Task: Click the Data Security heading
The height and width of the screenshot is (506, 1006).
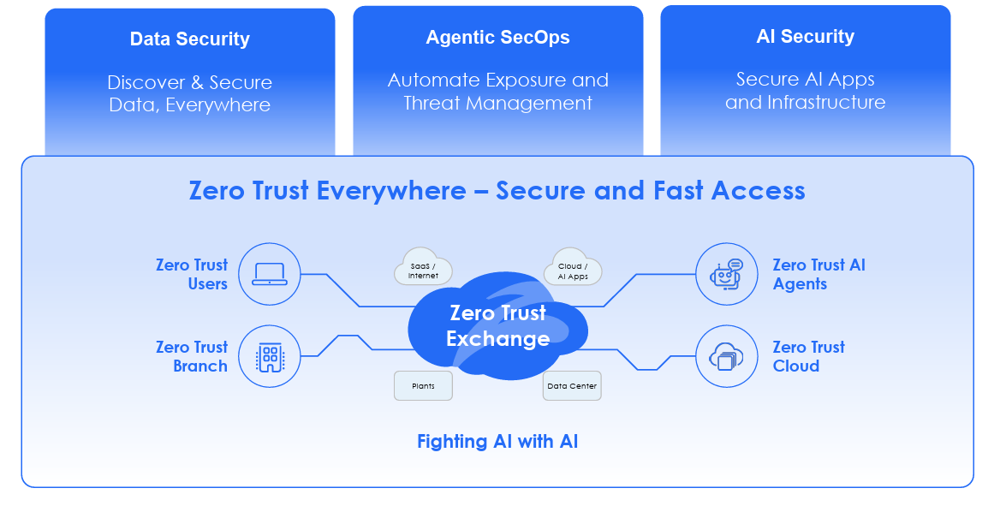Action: [190, 39]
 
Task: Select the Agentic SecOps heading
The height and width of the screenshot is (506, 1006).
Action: [497, 38]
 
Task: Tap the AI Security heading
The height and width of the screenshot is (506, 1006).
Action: [805, 37]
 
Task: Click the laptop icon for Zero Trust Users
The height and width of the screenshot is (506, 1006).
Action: [270, 274]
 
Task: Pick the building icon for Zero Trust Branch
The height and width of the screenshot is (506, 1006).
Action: [270, 356]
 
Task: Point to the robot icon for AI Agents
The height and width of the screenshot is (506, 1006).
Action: [726, 274]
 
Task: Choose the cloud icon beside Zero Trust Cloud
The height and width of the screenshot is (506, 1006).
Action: [726, 356]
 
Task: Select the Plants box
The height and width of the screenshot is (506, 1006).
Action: [423, 386]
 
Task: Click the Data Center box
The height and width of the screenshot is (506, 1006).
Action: [572, 386]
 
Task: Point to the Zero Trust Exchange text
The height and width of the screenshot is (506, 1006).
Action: [497, 326]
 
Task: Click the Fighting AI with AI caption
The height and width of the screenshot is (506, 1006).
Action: [497, 442]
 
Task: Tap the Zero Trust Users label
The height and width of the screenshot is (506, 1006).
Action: [192, 274]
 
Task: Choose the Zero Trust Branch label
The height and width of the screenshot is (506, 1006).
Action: [192, 356]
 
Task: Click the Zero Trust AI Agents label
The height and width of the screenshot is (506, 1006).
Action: [818, 274]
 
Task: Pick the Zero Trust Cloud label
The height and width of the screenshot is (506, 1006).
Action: [808, 356]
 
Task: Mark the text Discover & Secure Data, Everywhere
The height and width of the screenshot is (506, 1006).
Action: [190, 94]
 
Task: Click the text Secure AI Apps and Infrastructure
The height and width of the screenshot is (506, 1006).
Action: [805, 91]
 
